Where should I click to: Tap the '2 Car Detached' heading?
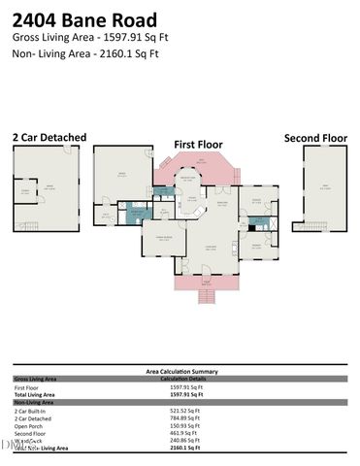click(49, 138)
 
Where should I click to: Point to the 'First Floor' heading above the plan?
click(197, 144)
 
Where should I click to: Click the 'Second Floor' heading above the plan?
click(315, 138)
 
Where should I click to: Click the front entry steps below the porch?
click(205, 295)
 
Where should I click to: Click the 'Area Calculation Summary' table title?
click(180, 371)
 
